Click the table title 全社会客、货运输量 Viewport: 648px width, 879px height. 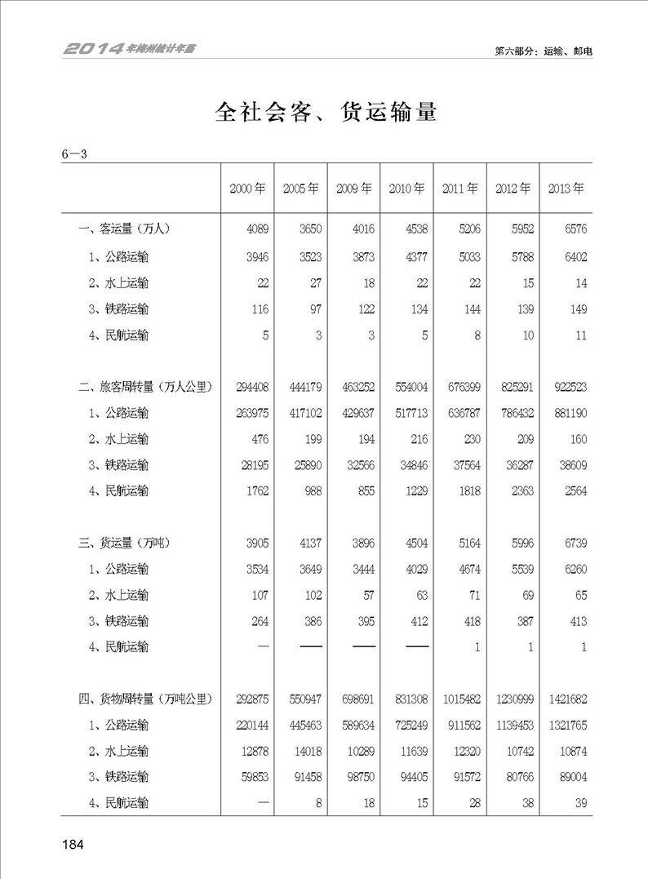(326, 112)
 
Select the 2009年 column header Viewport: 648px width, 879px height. (353, 188)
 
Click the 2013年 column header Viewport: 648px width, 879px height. (566, 188)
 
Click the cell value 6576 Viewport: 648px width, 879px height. (573, 229)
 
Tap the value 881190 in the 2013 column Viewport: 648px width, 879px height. (570, 412)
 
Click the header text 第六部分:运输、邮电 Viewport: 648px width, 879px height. (543, 51)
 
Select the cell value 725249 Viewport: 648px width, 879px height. (410, 725)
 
